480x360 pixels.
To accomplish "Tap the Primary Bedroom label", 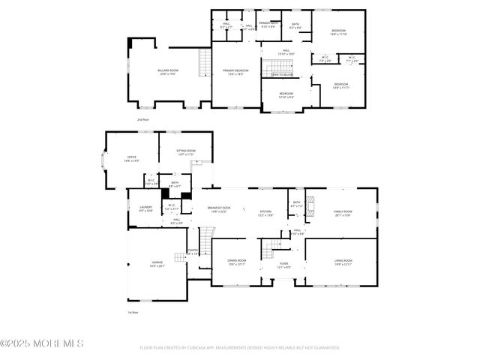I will (235, 72).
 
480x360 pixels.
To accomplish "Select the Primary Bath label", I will (268, 25).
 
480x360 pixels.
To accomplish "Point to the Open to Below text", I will (282, 75).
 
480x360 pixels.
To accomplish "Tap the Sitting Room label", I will (186, 152).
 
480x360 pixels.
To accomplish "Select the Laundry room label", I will (145, 209).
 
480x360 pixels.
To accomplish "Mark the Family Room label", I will (343, 214).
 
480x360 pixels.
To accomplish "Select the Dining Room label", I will (237, 262).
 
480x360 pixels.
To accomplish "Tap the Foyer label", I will (284, 265).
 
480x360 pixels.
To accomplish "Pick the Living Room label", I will (343, 262).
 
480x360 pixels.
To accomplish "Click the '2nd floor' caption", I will (142, 119).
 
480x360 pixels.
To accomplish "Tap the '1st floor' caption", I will (133, 312).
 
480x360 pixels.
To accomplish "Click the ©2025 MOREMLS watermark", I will (42, 343).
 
